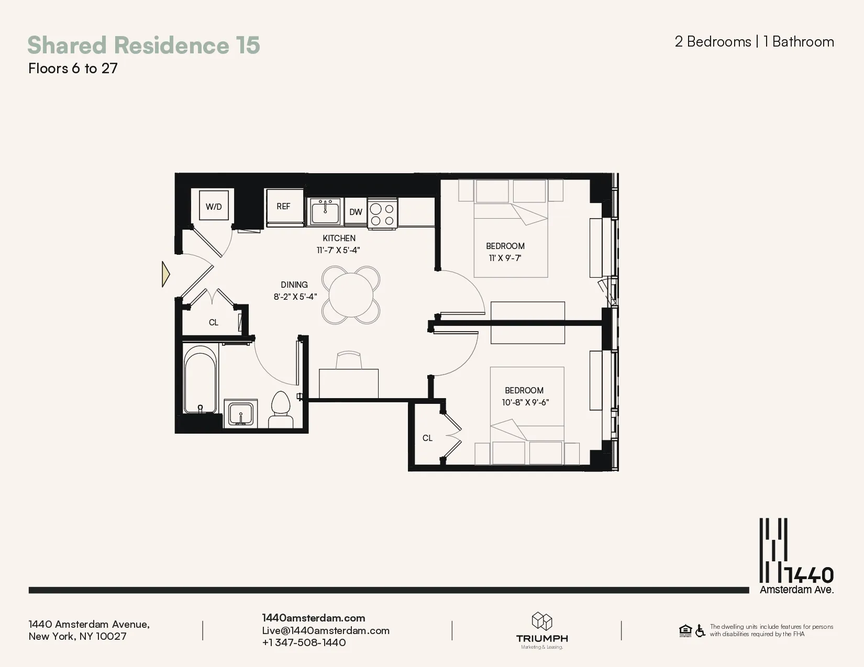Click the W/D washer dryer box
click(x=214, y=206)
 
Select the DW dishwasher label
click(x=356, y=212)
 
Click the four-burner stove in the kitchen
click(x=382, y=214)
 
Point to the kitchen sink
click(x=325, y=212)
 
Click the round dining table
click(x=351, y=295)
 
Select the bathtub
click(x=200, y=379)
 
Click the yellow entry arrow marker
click(x=165, y=274)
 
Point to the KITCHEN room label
click(x=339, y=238)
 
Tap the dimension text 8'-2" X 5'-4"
click(x=295, y=297)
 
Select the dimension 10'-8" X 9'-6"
click(x=525, y=402)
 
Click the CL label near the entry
click(x=214, y=322)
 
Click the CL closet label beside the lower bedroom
click(x=427, y=438)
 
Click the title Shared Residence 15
click(x=143, y=45)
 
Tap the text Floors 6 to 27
click(x=73, y=69)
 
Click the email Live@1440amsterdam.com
click(x=326, y=630)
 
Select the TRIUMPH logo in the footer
click(x=542, y=630)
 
